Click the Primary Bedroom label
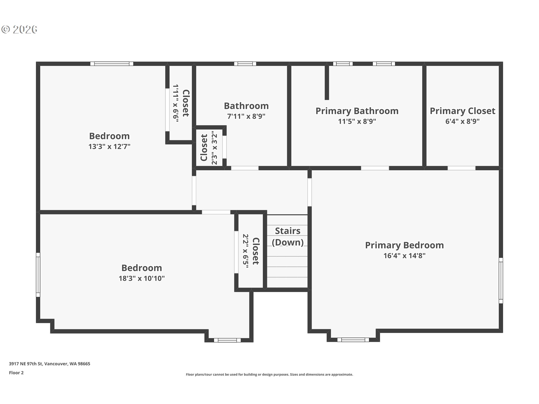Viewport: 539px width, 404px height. (404, 245)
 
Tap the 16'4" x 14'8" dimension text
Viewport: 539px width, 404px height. (405, 256)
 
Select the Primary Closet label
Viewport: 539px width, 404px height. (462, 111)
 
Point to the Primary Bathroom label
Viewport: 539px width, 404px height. (357, 111)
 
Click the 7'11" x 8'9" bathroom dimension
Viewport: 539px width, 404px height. (246, 116)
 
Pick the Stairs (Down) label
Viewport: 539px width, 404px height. (288, 237)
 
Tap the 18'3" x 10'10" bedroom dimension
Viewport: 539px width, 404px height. (141, 278)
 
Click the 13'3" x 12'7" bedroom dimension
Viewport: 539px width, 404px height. (109, 146)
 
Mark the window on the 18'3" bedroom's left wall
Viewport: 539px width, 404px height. (38, 275)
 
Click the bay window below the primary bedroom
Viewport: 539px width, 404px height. (353, 340)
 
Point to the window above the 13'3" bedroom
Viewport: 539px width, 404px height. (112, 64)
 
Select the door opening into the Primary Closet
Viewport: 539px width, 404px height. (462, 168)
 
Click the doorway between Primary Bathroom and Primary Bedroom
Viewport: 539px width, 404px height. (375, 168)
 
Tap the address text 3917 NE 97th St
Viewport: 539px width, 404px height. (26, 364)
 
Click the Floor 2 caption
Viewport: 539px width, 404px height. (16, 373)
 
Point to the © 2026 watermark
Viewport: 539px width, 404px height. (19, 29)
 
